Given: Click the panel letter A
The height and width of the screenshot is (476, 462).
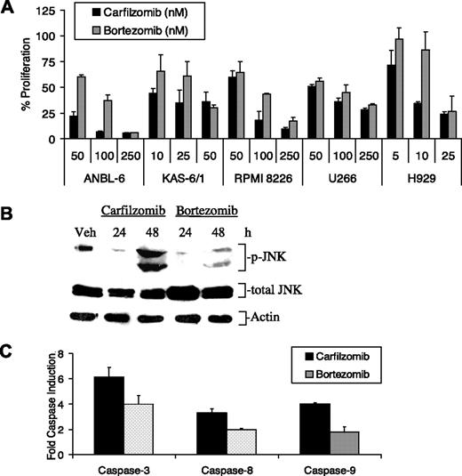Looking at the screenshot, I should click(8, 8).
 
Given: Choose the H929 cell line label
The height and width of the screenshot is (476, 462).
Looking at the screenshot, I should click(420, 177).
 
